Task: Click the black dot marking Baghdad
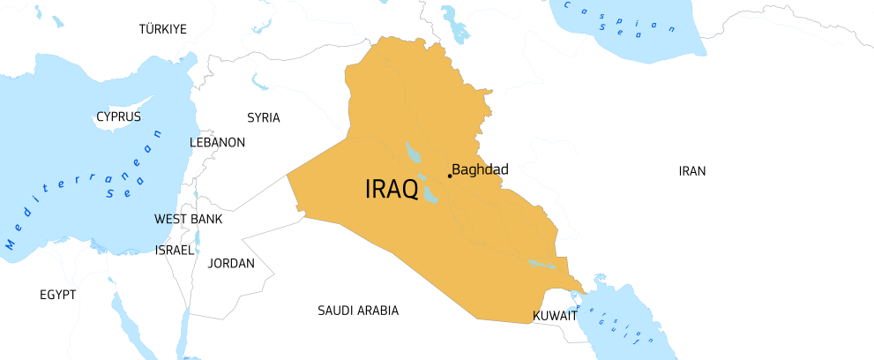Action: click(450, 176)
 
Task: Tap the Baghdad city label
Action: click(480, 169)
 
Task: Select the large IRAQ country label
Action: click(392, 190)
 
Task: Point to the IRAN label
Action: click(692, 171)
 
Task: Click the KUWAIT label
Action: click(556, 315)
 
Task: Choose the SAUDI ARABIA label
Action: click(358, 311)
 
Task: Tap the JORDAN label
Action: click(231, 263)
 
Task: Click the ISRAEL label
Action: click(174, 250)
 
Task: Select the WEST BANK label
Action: click(189, 219)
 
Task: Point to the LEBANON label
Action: click(217, 142)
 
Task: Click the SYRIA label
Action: click(264, 117)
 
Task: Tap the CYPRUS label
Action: click(119, 116)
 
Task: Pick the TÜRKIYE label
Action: click(163, 29)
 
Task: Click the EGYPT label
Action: click(58, 294)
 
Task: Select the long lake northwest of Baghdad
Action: click(412, 152)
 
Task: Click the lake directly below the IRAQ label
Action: click(430, 193)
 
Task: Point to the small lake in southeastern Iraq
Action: click(542, 264)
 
